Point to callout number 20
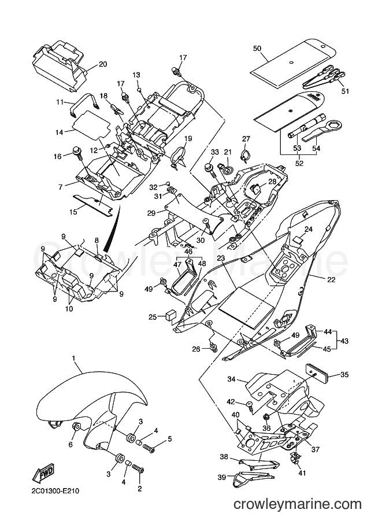point(103,64)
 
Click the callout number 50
point(257,49)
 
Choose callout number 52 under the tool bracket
point(299,163)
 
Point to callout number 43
point(344,341)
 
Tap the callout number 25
point(153,317)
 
